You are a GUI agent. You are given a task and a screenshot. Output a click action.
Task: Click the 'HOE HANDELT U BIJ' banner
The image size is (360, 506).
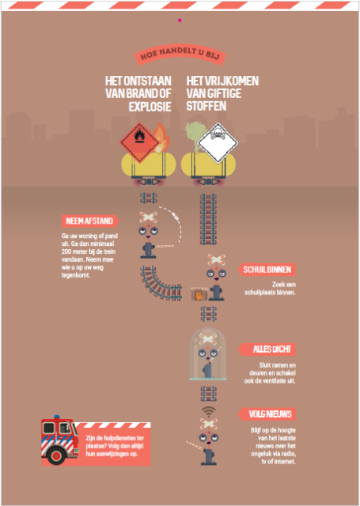tap(180, 55)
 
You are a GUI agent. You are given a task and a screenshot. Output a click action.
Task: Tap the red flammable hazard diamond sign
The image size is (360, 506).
tap(139, 142)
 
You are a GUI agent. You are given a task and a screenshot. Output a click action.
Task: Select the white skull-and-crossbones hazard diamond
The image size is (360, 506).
tap(218, 142)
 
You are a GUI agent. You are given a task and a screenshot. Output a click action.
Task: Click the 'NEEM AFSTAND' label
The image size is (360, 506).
tap(90, 221)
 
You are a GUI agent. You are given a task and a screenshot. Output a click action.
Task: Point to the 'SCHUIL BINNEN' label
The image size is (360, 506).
tap(267, 270)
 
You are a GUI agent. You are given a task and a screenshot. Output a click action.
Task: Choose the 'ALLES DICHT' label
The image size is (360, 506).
tap(267, 349)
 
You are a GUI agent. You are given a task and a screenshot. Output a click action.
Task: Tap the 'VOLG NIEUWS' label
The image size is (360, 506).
tap(267, 414)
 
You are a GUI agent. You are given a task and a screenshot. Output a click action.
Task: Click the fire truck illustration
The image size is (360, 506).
tap(60, 440)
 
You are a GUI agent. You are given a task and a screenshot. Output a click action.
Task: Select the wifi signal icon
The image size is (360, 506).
tap(209, 411)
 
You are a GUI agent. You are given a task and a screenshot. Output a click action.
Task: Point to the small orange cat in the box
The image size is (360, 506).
tap(199, 295)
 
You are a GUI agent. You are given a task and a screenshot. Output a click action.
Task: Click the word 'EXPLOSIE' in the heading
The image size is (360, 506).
tap(150, 107)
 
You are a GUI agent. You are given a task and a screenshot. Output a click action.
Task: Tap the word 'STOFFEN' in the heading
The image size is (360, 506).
tap(207, 107)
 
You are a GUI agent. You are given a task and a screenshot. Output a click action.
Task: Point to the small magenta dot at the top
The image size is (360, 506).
tap(180, 21)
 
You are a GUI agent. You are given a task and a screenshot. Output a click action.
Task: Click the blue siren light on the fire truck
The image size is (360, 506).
tap(57, 417)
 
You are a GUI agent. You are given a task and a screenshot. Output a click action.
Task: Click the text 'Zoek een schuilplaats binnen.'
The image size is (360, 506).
tap(270, 289)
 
